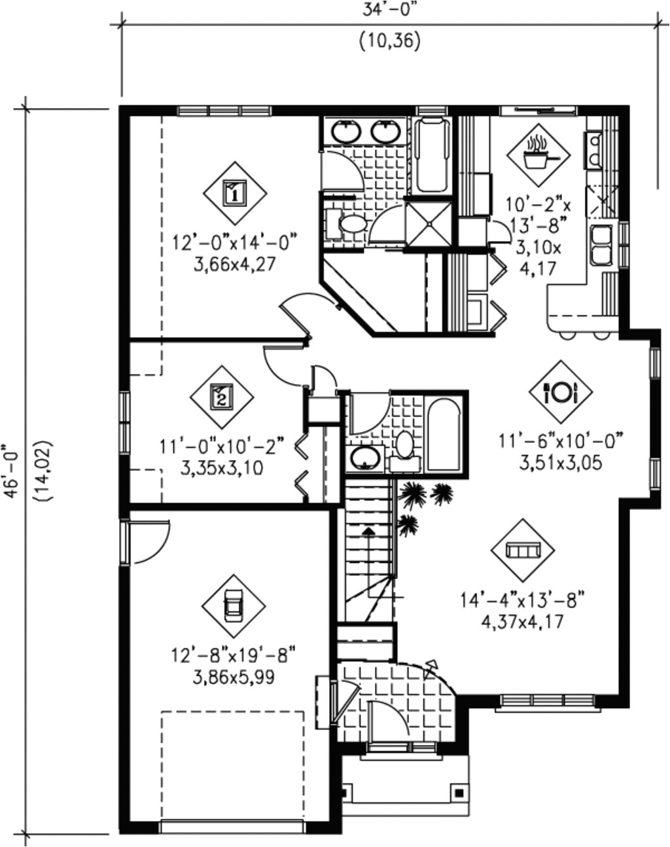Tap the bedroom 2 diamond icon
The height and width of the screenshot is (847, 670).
(x=222, y=397)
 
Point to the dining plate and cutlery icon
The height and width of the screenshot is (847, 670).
(x=561, y=391)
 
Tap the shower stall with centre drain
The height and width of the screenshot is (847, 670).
(x=429, y=223)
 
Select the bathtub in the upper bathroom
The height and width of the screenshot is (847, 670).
(x=432, y=154)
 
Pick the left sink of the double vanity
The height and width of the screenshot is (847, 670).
(x=345, y=132)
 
